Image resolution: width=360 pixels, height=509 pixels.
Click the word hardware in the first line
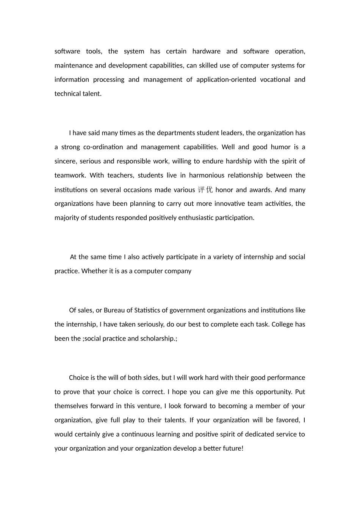pos(206,52)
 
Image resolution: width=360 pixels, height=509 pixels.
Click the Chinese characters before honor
pos(205,190)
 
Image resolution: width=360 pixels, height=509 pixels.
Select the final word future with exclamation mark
pos(233,448)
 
